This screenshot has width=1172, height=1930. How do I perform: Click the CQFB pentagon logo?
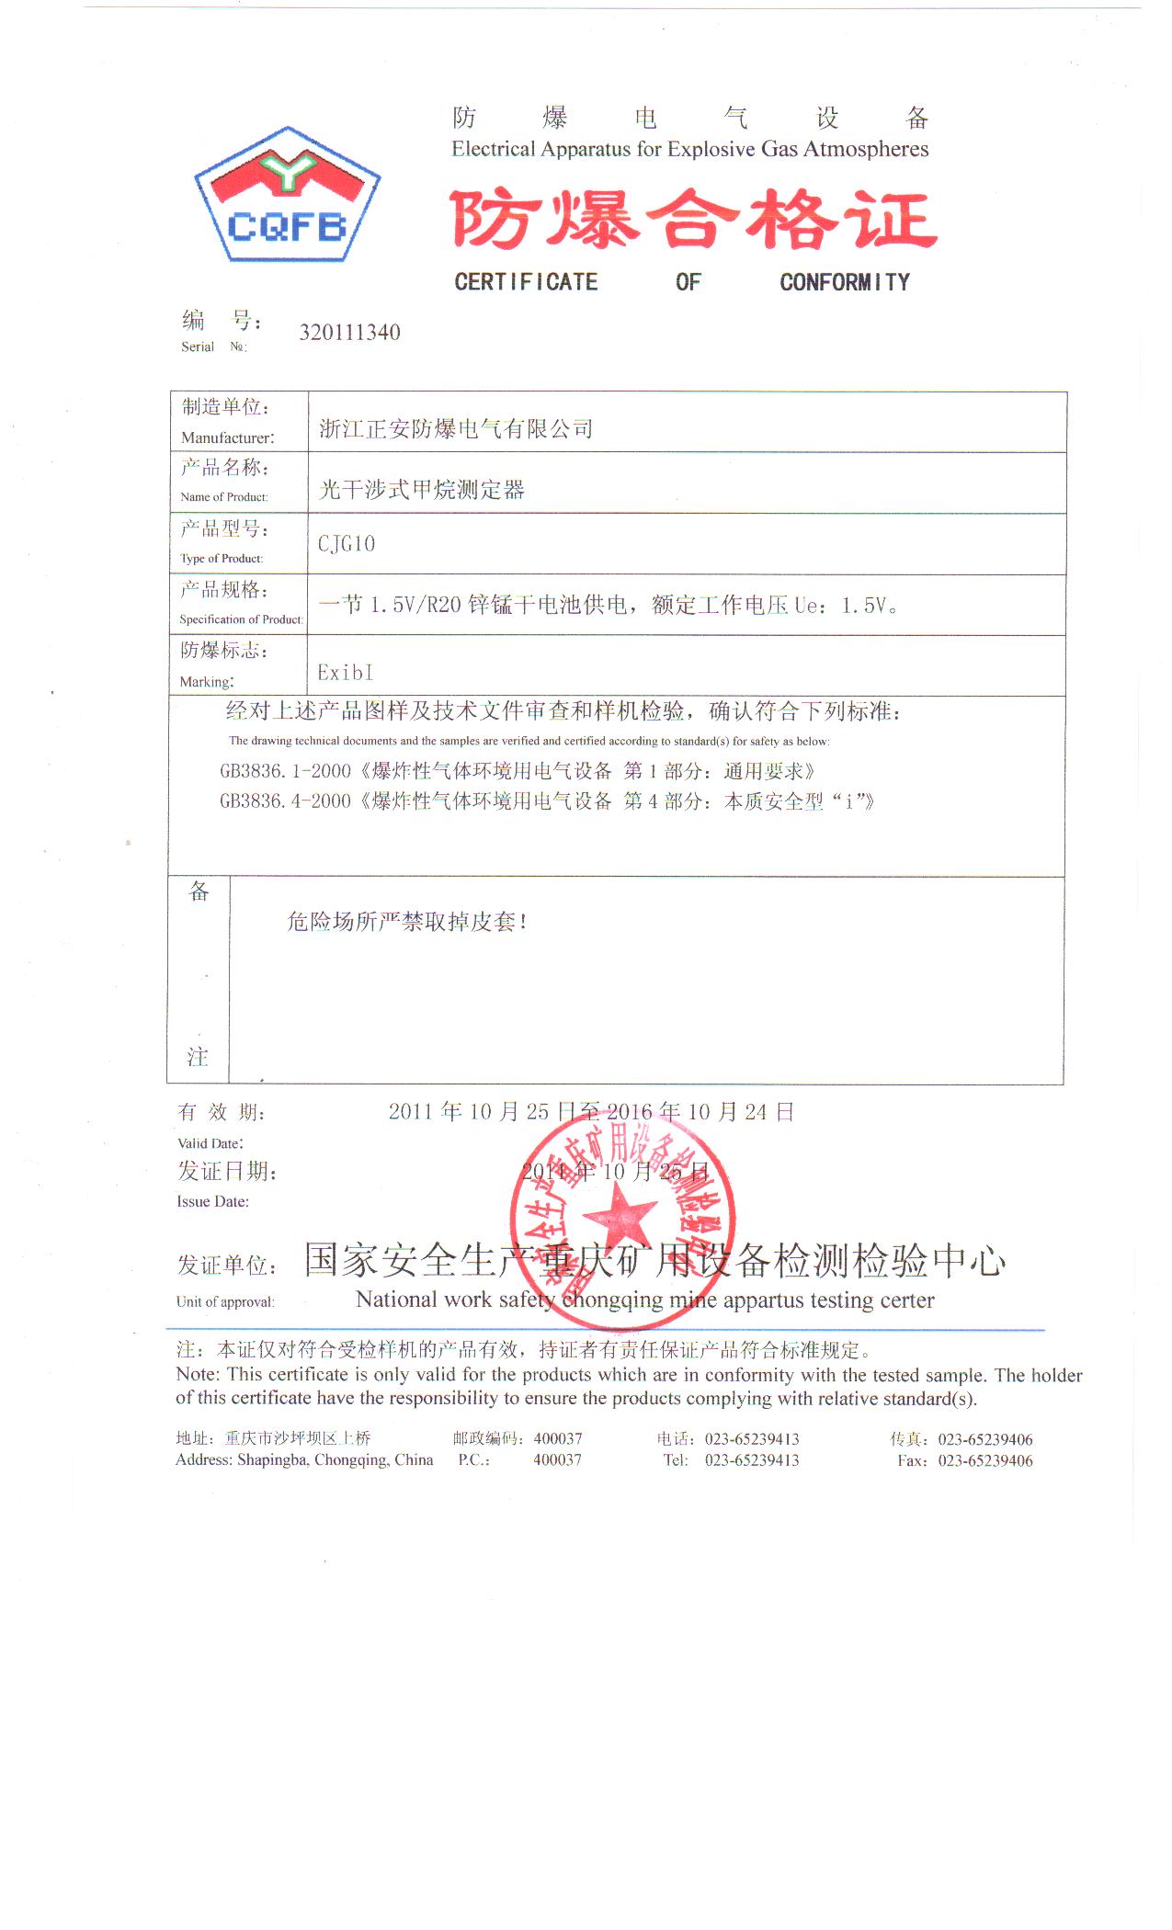click(x=287, y=196)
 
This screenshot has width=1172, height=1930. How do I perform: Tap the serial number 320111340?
click(x=349, y=333)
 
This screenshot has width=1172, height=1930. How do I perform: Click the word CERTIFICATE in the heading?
click(x=526, y=282)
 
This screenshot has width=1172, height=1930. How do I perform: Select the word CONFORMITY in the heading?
click(x=845, y=282)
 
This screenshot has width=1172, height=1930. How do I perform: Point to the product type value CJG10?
click(x=347, y=544)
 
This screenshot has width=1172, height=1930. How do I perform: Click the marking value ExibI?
click(x=346, y=673)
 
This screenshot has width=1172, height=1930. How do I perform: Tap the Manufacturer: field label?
click(x=227, y=437)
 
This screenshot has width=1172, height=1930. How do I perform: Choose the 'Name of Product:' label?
click(x=224, y=497)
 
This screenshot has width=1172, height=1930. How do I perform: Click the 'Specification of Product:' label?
click(x=241, y=619)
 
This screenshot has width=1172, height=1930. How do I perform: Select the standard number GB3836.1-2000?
click(x=285, y=771)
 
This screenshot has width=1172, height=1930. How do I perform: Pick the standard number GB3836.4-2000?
click(x=285, y=801)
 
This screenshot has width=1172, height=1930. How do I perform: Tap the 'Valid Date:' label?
click(x=211, y=1143)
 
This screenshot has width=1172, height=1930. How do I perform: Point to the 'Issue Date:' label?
click(x=212, y=1201)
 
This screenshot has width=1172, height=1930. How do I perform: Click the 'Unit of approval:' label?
click(x=225, y=1301)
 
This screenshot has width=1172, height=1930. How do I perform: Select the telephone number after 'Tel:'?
click(x=752, y=1460)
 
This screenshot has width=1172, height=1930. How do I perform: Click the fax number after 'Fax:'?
click(x=985, y=1460)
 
